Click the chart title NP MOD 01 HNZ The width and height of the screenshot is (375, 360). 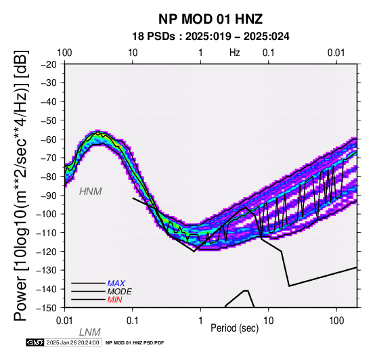pos(211,19)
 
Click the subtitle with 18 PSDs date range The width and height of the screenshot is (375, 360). pos(211,37)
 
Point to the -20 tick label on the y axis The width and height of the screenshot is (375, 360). pos(49,64)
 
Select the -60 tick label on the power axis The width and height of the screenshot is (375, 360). pos(49,139)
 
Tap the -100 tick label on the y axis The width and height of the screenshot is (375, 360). pos(47,214)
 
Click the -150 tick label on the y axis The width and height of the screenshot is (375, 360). pos(47,308)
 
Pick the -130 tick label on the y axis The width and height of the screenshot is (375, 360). pos(47,270)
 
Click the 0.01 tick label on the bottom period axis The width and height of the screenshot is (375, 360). pos(64,321)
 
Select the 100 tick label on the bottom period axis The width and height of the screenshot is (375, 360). pos(336,321)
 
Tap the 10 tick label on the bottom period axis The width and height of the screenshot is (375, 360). pos(268,321)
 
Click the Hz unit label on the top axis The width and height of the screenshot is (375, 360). pos(235,53)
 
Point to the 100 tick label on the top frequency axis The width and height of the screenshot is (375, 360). pos(64,53)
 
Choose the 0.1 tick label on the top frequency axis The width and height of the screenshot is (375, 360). pos(268,53)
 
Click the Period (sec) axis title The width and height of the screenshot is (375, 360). pos(235,328)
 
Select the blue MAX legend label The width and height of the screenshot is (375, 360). pos(116,284)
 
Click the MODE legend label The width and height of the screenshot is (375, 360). pos(119,292)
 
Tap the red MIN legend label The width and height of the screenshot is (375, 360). pos(114,300)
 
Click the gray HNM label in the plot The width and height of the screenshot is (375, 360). pos(91,192)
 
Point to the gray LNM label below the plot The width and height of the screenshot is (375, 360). pos(89,332)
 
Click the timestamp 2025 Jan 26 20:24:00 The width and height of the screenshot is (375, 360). pos(72,343)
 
